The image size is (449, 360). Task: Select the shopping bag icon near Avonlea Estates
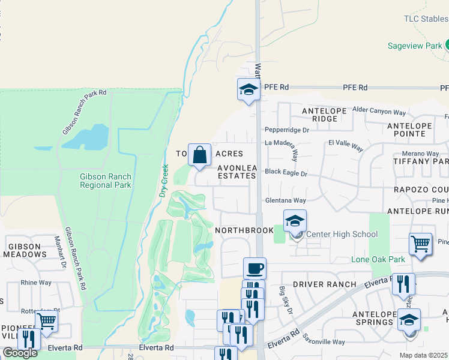coord(199,155)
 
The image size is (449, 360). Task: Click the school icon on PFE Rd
coord(248,89)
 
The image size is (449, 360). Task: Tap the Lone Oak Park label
coord(378,259)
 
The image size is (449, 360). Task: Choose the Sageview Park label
coord(414,46)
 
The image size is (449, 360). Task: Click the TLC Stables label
coord(426,19)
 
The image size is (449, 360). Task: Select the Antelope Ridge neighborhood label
coord(320,115)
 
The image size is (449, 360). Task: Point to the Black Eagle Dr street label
coord(286,173)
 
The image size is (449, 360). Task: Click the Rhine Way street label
coord(37,283)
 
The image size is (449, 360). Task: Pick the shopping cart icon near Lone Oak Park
coord(421,244)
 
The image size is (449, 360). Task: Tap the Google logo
coord(20,353)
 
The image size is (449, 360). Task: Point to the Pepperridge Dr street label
coord(287,130)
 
